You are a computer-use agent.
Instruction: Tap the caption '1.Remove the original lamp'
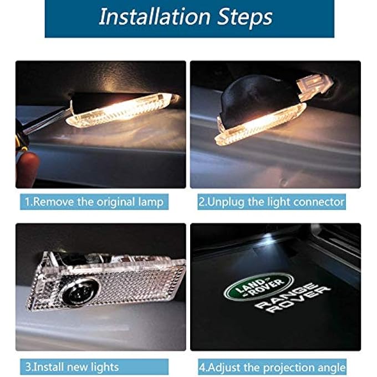pyautogui.click(x=93, y=201)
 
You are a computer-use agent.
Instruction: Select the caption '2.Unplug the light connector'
pyautogui.click(x=271, y=201)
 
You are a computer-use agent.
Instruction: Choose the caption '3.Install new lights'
pyautogui.click(x=72, y=367)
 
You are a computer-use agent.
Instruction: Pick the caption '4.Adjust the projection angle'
pyautogui.click(x=272, y=367)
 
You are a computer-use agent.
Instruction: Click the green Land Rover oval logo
pyautogui.click(x=256, y=287)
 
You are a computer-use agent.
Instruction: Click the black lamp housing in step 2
pyautogui.click(x=249, y=94)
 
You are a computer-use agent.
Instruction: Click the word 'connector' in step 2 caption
pyautogui.click(x=318, y=201)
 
